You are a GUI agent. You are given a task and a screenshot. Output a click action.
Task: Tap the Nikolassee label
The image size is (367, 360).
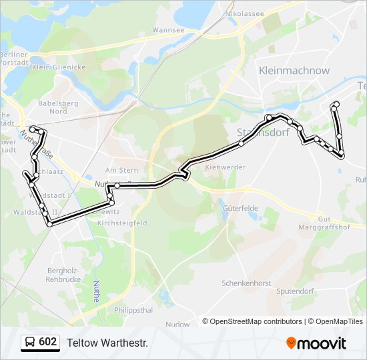point(244,13)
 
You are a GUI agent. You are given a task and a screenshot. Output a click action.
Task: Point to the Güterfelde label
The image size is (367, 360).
point(240,208)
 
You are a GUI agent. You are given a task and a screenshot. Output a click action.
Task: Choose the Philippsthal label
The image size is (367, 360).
point(134,310)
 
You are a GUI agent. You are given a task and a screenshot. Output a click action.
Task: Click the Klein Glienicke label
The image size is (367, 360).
point(57,67)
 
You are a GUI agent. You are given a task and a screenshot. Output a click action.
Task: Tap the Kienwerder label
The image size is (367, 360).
point(222,167)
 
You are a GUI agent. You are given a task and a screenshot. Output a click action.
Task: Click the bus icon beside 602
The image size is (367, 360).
point(30,343)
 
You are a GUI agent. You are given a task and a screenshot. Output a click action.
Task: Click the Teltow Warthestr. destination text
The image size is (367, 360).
point(107,343)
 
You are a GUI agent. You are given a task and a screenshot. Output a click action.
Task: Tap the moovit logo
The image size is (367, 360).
point(316,343)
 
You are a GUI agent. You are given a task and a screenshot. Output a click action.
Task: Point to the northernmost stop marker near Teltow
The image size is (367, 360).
point(336,104)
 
